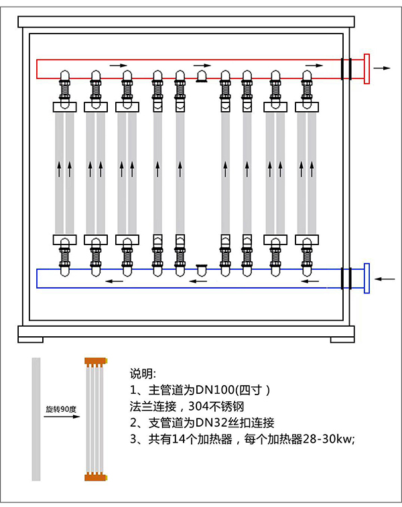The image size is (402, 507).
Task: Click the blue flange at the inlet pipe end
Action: (366, 278)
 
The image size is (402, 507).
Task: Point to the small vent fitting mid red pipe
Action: (201, 78)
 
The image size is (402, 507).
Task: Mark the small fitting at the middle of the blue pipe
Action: (201, 268)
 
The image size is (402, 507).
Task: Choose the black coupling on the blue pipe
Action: (346, 278)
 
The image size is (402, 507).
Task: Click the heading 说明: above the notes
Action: (142, 373)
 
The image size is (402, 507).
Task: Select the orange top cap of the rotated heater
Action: (96, 362)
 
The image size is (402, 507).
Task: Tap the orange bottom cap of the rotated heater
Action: (96, 477)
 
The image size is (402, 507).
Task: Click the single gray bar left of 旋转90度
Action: (36, 419)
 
